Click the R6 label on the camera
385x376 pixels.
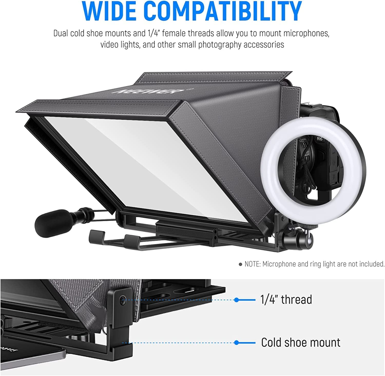tap(320, 139)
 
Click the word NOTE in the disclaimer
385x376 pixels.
tap(252, 264)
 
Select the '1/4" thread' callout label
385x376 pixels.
tap(286, 300)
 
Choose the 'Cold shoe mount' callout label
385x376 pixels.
tap(301, 343)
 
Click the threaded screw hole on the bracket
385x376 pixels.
tap(123, 300)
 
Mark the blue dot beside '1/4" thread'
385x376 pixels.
tap(237, 300)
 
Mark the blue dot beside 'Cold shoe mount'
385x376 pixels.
tap(237, 343)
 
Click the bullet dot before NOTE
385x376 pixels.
tap(240, 264)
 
